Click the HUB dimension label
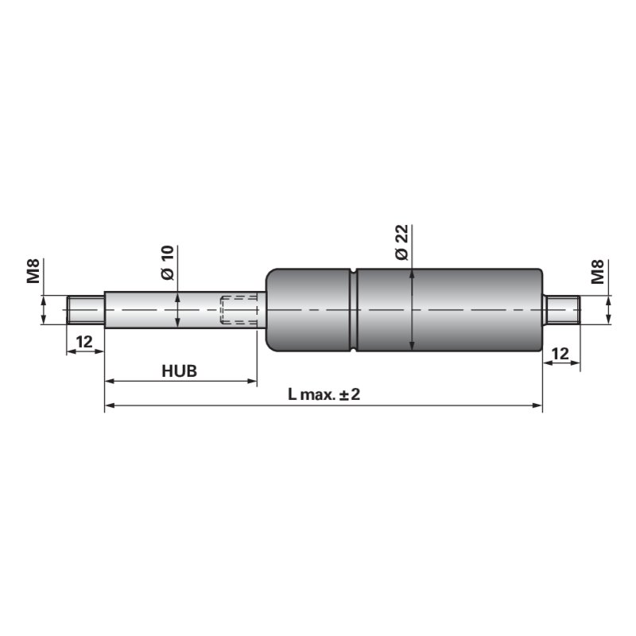[x=180, y=370]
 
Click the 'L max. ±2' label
[x=324, y=394]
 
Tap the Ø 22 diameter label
[x=402, y=242]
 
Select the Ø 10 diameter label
[x=168, y=262]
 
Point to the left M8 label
[x=33, y=271]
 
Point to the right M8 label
[x=598, y=272]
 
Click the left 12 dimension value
[x=84, y=342]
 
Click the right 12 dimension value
[x=560, y=354]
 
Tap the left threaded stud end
[x=86, y=310]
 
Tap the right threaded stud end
[x=562, y=310]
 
